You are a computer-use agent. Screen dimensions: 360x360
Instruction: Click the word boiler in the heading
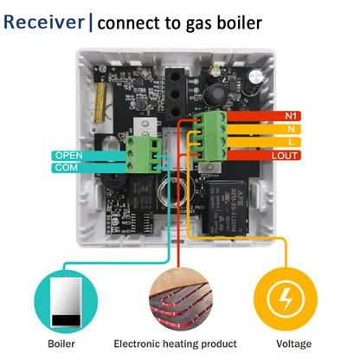coord(232,22)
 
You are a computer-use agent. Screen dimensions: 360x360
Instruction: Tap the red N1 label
coord(292,115)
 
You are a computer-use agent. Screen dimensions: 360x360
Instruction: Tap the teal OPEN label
coord(67,156)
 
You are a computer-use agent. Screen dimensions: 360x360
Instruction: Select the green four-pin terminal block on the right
coord(211,135)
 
